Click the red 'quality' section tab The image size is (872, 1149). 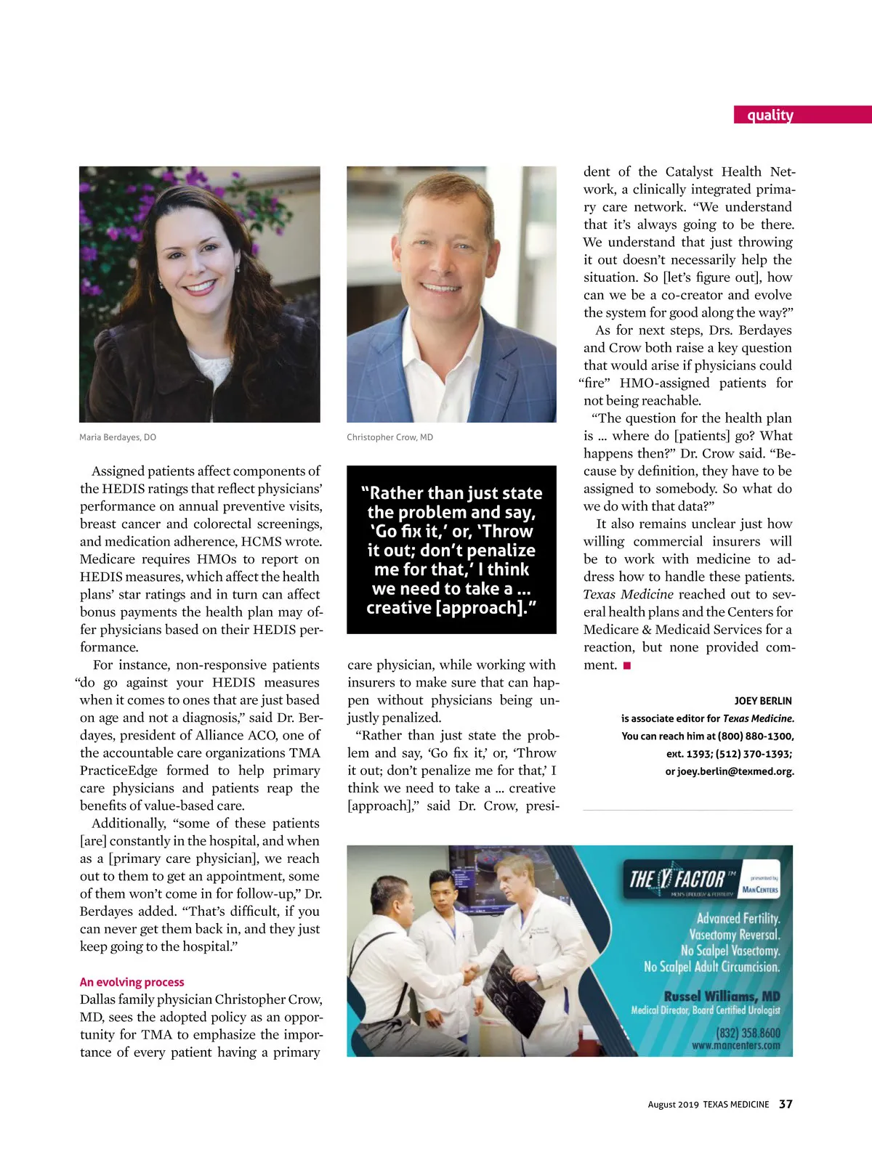pos(770,115)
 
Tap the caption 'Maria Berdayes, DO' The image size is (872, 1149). pos(118,437)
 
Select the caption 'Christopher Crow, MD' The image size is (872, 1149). pos(389,437)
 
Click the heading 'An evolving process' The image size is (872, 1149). pos(132,982)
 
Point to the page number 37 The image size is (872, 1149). pos(786,1104)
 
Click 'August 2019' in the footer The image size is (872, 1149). pos(673,1105)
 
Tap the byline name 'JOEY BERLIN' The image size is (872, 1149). pos(762,701)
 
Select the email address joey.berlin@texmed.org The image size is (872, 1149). pos(735,771)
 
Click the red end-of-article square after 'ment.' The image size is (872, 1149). pos(627,665)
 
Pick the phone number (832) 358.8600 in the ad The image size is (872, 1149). pos(748,1032)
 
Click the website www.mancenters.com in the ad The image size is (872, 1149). pos(735,1046)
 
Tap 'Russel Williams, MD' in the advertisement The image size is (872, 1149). pos(722,996)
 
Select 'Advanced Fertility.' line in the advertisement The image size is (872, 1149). pos(738,918)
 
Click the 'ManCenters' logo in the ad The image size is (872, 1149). pos(759,889)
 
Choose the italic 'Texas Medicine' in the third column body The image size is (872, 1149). pos(628,594)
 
